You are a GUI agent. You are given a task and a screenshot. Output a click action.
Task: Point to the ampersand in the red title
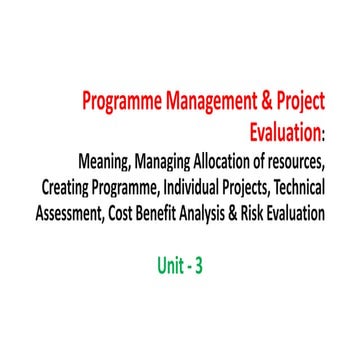(x=266, y=102)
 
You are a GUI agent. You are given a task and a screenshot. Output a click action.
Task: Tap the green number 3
(x=200, y=267)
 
